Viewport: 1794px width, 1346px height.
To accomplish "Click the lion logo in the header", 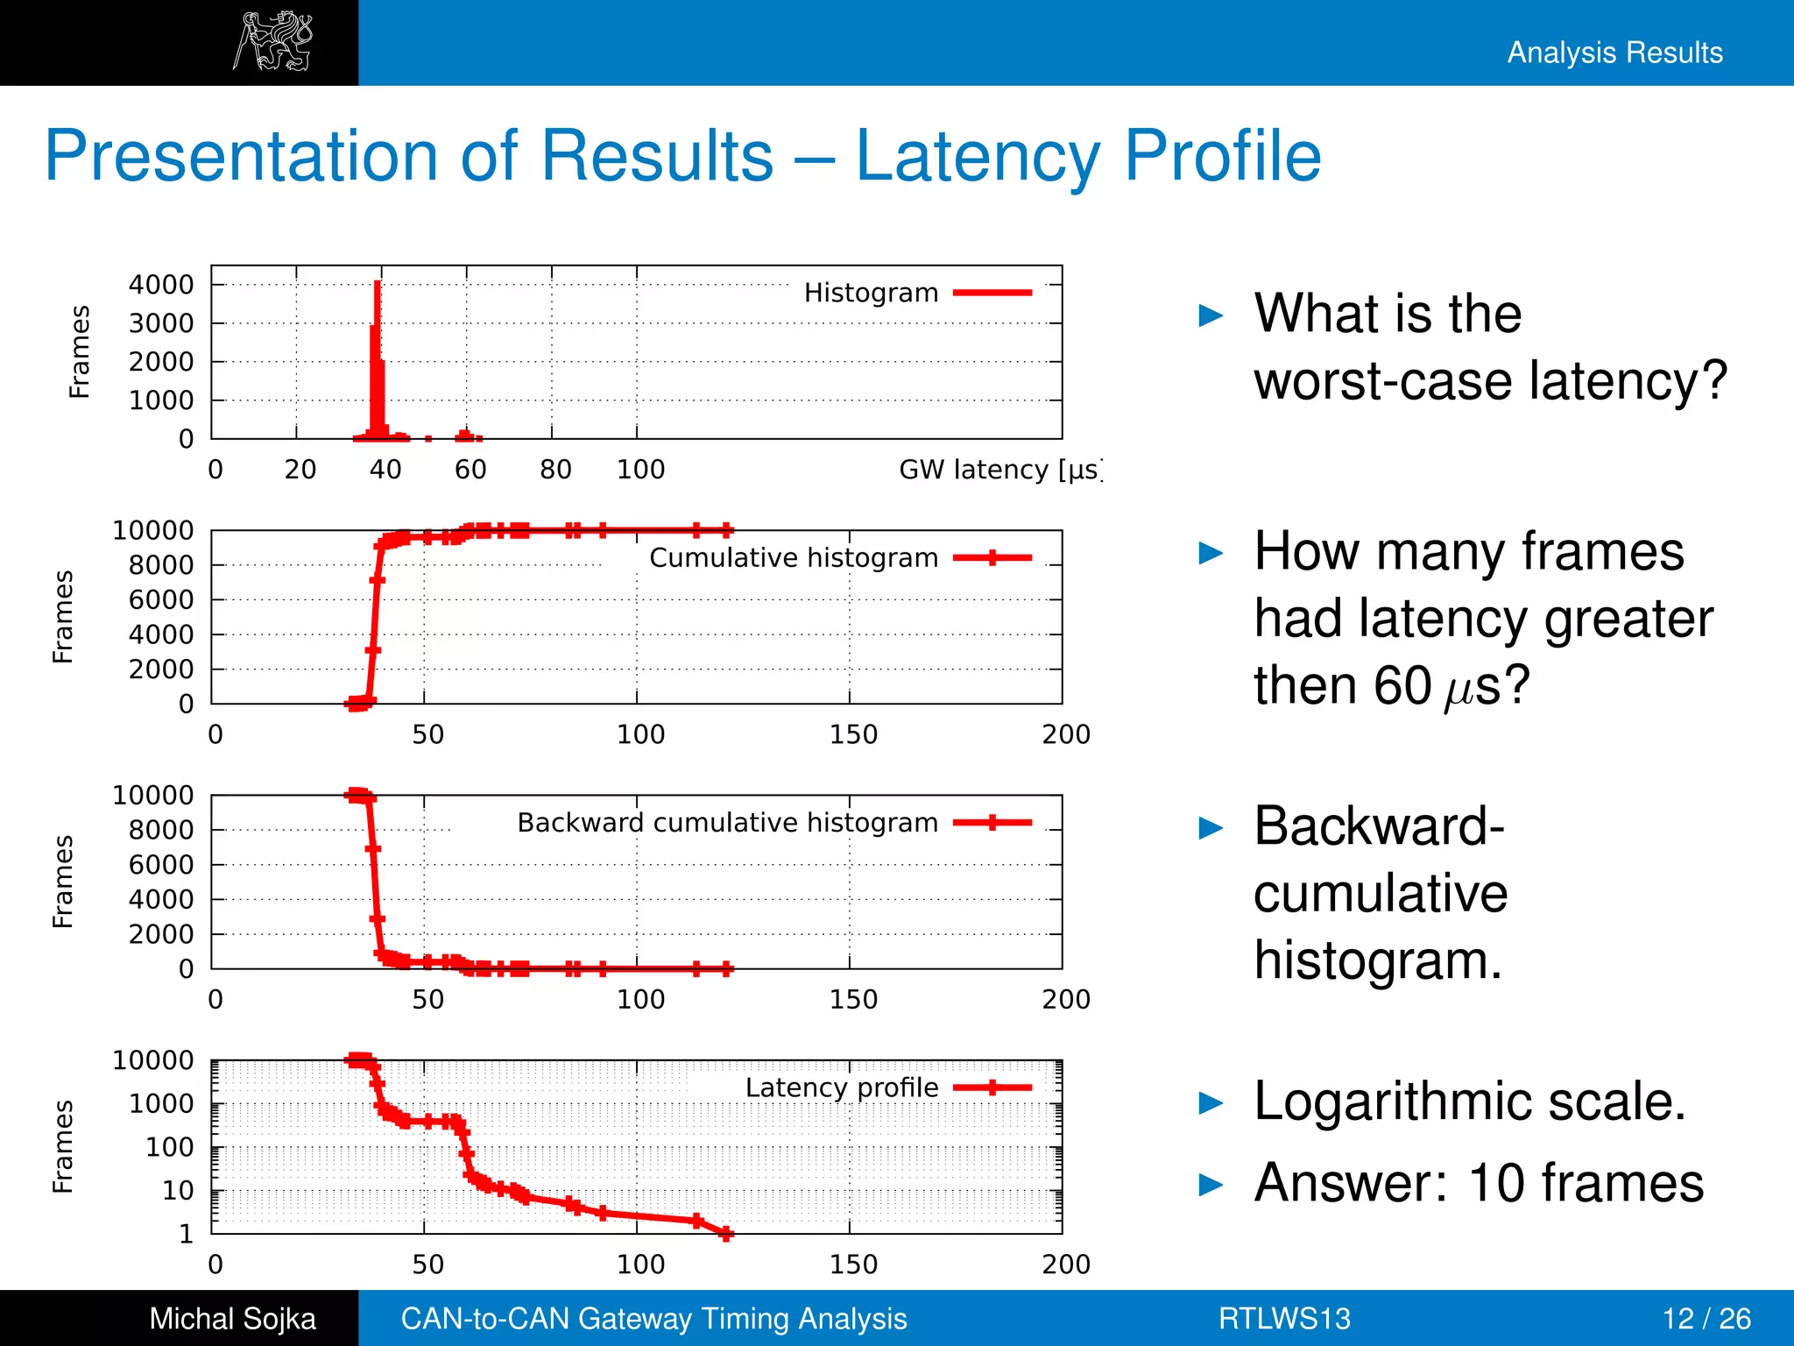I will (272, 41).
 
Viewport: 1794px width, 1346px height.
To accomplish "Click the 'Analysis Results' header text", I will (1614, 53).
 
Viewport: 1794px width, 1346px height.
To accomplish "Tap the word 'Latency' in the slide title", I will (977, 156).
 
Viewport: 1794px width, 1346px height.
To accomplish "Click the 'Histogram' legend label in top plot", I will (871, 293).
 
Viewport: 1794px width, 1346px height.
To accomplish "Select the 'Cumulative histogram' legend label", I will (793, 558).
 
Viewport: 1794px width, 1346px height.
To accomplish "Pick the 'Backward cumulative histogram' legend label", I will (727, 823).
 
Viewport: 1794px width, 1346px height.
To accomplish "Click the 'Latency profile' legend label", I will (841, 1087).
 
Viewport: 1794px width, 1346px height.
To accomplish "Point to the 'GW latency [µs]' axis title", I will (999, 470).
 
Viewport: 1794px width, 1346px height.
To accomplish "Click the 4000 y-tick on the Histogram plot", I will (161, 285).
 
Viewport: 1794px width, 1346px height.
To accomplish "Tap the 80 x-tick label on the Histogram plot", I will (555, 470).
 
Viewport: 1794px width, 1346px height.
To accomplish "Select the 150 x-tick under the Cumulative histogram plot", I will (853, 734).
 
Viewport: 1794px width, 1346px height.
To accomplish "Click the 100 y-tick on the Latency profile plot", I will (169, 1147).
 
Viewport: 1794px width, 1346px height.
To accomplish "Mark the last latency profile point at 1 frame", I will (726, 1233).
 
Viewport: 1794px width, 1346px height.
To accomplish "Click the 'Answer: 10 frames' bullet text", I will (1479, 1183).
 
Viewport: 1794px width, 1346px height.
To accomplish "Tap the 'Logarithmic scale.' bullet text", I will (1469, 1102).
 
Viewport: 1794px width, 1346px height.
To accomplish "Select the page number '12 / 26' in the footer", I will (1706, 1319).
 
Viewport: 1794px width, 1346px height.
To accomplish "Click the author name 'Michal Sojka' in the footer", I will (232, 1319).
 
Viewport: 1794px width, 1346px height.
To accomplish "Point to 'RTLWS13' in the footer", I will (1284, 1319).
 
